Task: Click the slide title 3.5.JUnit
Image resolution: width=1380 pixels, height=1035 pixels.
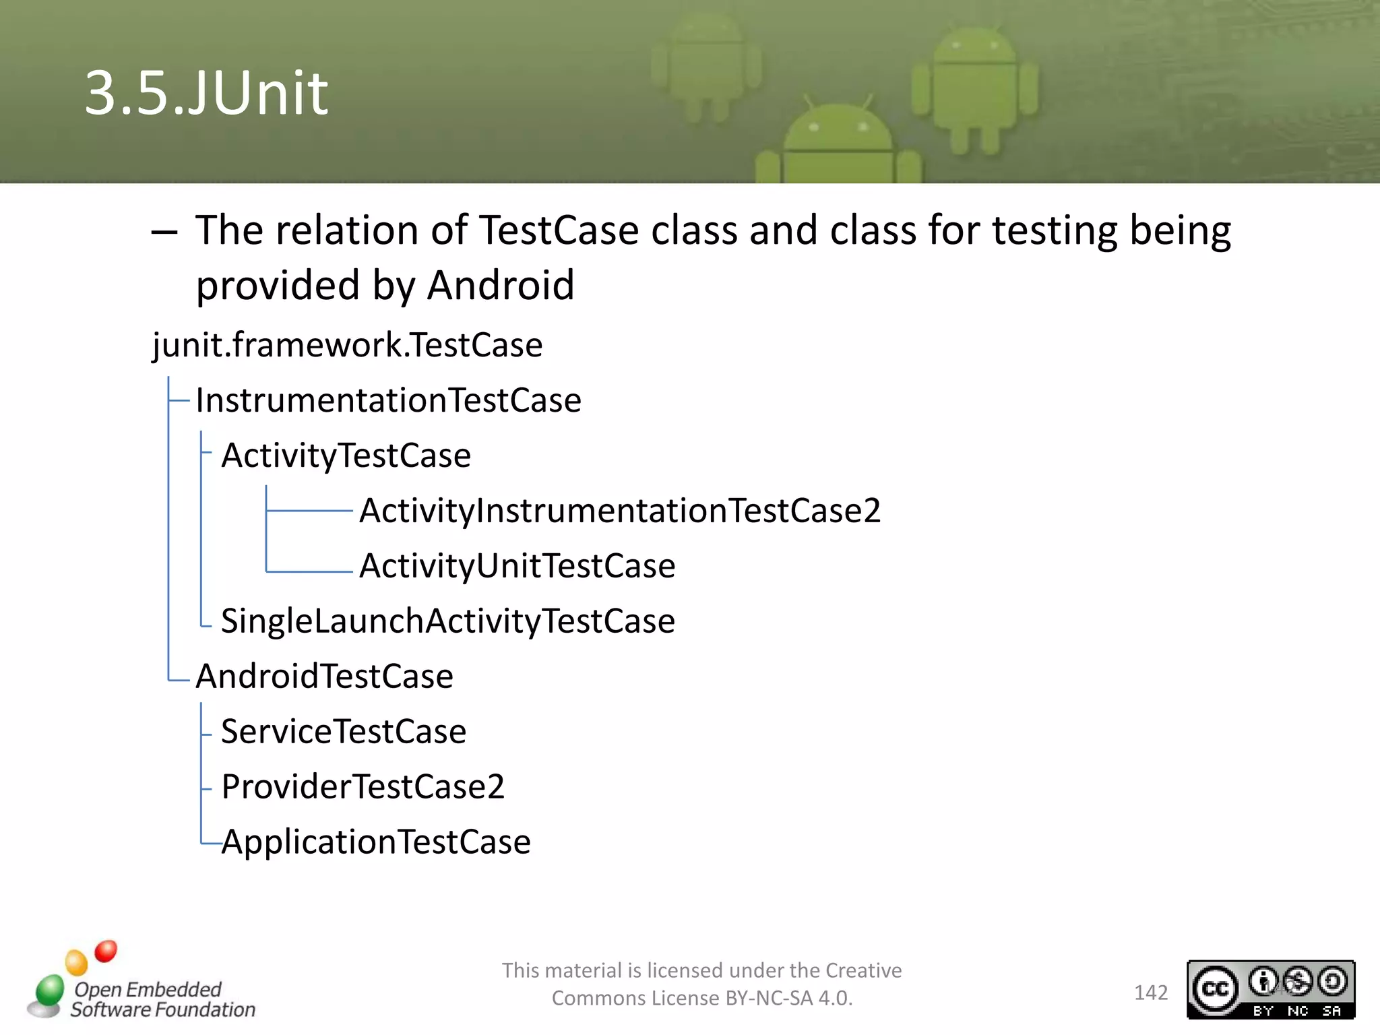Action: click(206, 93)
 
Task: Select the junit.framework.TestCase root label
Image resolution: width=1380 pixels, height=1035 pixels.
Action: click(347, 346)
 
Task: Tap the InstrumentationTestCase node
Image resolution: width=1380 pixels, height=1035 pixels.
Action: click(388, 401)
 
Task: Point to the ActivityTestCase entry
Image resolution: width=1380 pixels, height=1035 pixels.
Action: click(346, 456)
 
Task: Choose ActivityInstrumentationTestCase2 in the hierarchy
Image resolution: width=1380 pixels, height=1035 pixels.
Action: click(620, 511)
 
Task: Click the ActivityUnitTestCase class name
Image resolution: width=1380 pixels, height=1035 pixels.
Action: click(517, 566)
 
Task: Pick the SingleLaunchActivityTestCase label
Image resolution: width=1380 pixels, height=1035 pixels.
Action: click(448, 621)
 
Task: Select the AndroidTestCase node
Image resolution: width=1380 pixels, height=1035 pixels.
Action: click(324, 677)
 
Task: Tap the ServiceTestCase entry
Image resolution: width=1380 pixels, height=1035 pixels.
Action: click(344, 732)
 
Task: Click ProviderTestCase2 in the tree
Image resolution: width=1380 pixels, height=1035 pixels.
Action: click(363, 787)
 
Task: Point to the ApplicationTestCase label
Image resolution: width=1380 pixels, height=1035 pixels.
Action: click(376, 842)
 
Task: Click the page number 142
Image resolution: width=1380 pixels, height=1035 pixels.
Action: click(1150, 993)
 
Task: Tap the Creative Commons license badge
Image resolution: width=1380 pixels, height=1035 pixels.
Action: click(1270, 989)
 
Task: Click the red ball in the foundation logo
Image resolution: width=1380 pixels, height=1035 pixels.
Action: click(106, 951)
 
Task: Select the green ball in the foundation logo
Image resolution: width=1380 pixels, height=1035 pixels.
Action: click(50, 990)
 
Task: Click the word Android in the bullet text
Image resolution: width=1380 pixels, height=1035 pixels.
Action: click(501, 285)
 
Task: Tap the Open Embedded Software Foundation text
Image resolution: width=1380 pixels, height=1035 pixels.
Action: click(162, 999)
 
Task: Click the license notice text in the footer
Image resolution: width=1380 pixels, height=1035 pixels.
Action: click(701, 984)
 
